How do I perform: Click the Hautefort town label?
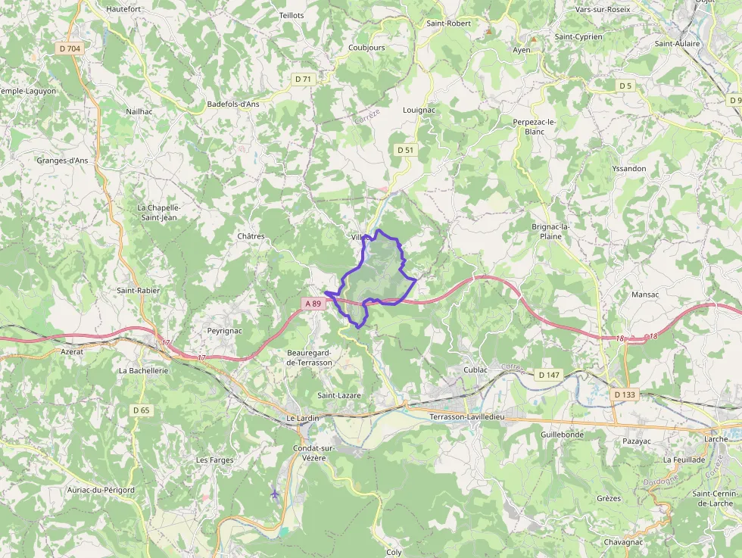pyautogui.click(x=123, y=9)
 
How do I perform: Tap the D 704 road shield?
pyautogui.click(x=69, y=48)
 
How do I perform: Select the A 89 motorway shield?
pyautogui.click(x=313, y=304)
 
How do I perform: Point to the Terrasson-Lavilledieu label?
pyautogui.click(x=466, y=417)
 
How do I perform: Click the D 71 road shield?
pyautogui.click(x=303, y=79)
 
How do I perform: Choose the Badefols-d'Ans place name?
pyautogui.click(x=233, y=104)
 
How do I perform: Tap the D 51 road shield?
pyautogui.click(x=406, y=150)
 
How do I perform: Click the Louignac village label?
pyautogui.click(x=419, y=110)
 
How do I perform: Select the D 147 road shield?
pyautogui.click(x=548, y=375)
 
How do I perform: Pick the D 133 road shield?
pyautogui.click(x=625, y=394)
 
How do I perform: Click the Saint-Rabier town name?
pyautogui.click(x=138, y=290)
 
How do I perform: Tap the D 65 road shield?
pyautogui.click(x=142, y=410)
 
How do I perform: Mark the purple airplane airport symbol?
pyautogui.click(x=274, y=494)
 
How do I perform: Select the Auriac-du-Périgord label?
pyautogui.click(x=100, y=490)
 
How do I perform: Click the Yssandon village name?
pyautogui.click(x=628, y=168)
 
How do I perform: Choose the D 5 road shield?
pyautogui.click(x=625, y=86)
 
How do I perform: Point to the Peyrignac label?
pyautogui.click(x=225, y=331)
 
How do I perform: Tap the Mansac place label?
pyautogui.click(x=644, y=294)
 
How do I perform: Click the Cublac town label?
pyautogui.click(x=475, y=369)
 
